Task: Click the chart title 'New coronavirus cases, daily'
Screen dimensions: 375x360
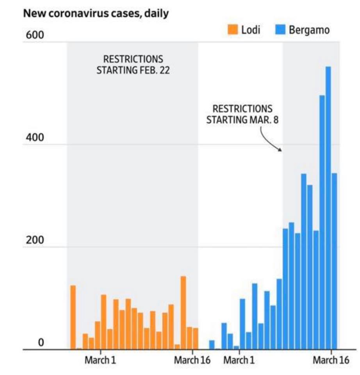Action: point(96,13)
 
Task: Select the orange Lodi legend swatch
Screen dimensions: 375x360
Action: point(233,30)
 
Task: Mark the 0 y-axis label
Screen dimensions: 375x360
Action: point(41,343)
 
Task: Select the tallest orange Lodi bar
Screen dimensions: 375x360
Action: point(183,312)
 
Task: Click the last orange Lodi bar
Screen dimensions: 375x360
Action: point(196,338)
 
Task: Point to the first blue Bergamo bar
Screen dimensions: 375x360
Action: point(212,345)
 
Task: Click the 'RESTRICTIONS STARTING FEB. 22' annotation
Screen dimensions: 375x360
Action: point(133,65)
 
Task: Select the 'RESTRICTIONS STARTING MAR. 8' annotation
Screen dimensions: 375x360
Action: point(242,114)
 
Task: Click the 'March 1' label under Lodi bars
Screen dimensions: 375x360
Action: point(100,360)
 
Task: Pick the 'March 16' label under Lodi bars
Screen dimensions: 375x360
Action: point(192,360)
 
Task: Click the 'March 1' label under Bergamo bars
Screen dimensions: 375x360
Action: point(239,360)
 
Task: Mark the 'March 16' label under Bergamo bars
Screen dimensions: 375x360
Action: point(330,360)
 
